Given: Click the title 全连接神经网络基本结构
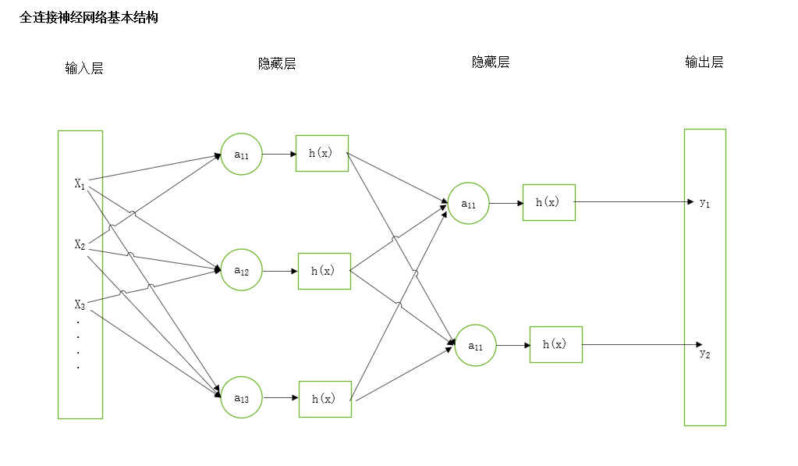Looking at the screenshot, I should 89,18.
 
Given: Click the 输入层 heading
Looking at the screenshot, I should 84,69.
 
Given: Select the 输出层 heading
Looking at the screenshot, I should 704,62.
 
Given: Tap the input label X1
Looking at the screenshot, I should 80,184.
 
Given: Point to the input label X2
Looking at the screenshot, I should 80,245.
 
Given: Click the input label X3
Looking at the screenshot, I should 80,304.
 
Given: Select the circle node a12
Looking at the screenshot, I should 241,270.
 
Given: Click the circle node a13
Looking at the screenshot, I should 241,398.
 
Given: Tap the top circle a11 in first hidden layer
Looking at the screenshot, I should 241,155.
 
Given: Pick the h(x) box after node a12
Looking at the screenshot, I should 324,271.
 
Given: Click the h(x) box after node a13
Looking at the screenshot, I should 325,399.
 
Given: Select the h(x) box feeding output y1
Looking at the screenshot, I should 548,202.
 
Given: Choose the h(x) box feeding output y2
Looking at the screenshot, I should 555,344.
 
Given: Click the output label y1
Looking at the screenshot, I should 704,203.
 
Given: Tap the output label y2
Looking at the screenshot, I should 704,354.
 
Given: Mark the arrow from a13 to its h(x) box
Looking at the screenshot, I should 280,398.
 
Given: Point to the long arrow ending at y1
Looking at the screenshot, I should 632,202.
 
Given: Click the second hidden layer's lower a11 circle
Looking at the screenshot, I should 475,345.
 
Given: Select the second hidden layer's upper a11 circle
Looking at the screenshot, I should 468,204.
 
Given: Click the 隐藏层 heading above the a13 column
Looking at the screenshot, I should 277,64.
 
